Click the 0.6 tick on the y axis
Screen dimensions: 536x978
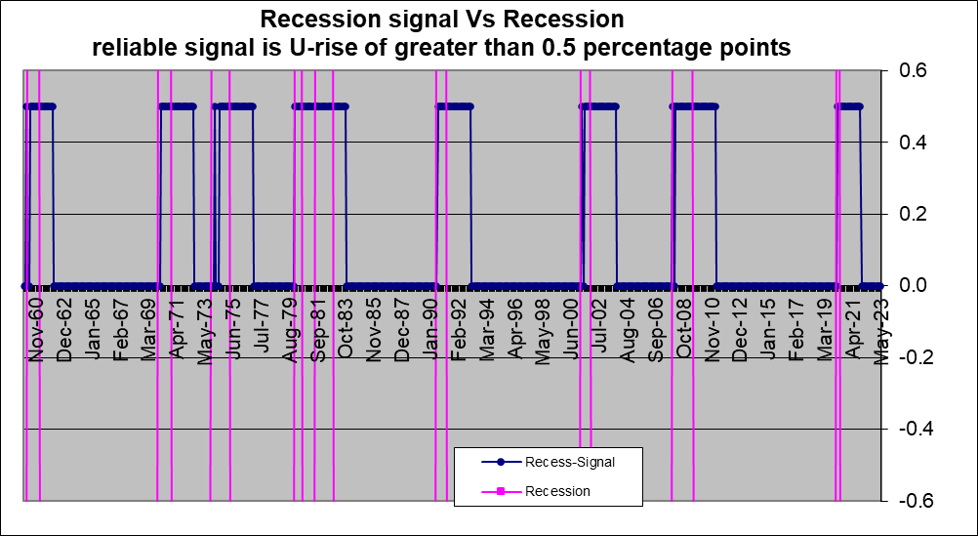pyautogui.click(x=909, y=71)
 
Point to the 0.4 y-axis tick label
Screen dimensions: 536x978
pyautogui.click(x=909, y=143)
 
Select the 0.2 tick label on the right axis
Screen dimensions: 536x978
pyautogui.click(x=909, y=214)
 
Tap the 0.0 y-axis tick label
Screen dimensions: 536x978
pyautogui.click(x=909, y=286)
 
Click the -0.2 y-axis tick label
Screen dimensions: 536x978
pyautogui.click(x=906, y=357)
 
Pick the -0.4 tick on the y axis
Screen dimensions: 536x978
pyautogui.click(x=906, y=429)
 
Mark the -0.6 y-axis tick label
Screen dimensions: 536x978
pyautogui.click(x=906, y=500)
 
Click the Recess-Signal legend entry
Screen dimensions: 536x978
pyautogui.click(x=569, y=461)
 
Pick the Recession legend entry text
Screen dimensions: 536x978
pyautogui.click(x=557, y=491)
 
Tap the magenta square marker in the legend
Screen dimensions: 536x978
pyautogui.click(x=499, y=491)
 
